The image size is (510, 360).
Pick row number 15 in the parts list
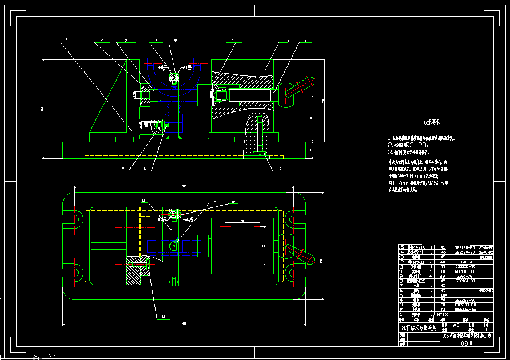(x=400, y=247)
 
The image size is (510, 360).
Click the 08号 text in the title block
(x=468, y=344)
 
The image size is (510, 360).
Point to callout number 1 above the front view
(x=67, y=40)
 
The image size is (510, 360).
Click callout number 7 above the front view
(x=289, y=41)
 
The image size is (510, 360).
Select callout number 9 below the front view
(x=280, y=169)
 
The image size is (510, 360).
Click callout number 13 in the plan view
(x=144, y=200)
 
